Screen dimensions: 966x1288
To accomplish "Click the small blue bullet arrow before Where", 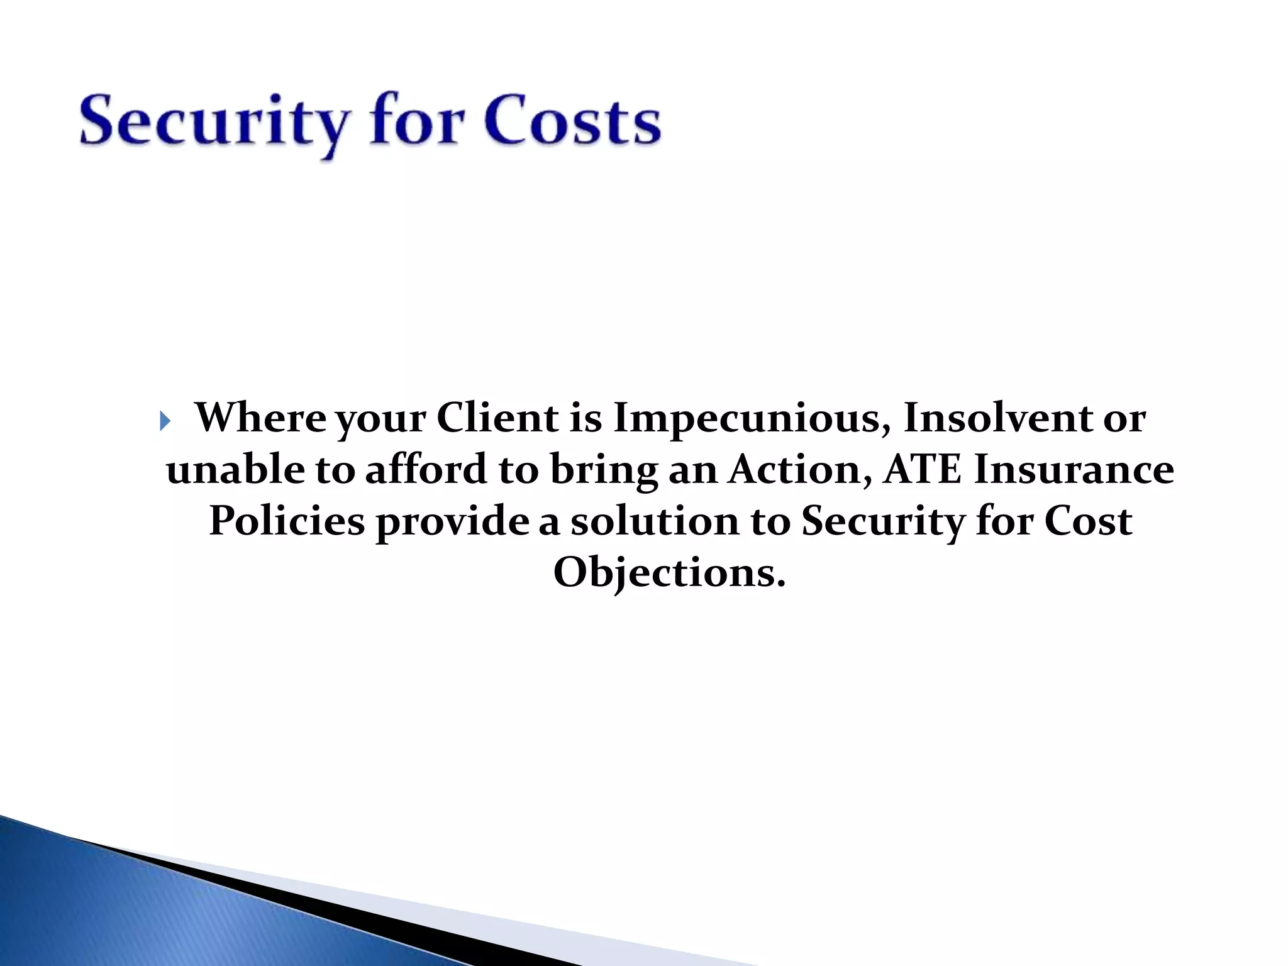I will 165,421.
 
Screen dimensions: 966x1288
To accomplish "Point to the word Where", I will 260,418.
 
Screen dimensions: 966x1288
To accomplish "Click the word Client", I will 497,418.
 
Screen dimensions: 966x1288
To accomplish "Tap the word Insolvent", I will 997,418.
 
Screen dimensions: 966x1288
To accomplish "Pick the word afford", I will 426,470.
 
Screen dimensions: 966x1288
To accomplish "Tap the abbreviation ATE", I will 922,470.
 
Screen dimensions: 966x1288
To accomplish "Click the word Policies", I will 287,521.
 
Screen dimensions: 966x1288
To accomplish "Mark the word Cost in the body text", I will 1088,521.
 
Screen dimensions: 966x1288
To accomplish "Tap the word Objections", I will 669,574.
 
